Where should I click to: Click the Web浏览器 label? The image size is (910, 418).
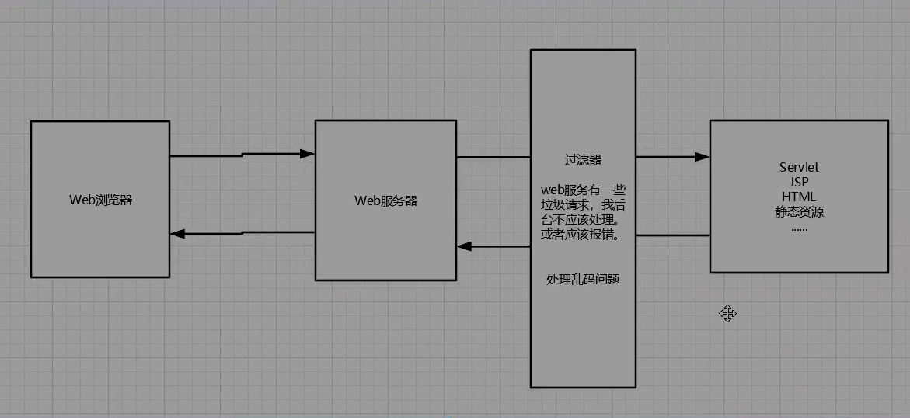(100, 200)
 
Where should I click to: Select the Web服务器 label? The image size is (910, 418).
(386, 201)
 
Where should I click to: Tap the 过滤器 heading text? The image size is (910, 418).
(584, 159)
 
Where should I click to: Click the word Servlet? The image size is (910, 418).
(799, 167)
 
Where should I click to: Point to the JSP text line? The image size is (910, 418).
(799, 182)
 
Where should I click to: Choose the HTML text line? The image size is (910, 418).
(799, 197)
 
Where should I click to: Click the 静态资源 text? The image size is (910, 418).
(799, 211)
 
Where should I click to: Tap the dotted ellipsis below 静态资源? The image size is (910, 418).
(799, 228)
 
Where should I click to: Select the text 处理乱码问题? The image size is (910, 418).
(584, 279)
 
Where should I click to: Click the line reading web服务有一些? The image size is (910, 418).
(584, 190)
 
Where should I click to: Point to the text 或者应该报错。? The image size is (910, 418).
(584, 235)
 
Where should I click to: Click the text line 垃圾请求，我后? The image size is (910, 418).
(584, 205)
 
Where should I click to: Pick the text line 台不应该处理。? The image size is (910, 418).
(584, 221)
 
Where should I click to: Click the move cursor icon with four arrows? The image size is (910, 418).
(728, 314)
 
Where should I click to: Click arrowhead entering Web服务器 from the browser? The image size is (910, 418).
(307, 154)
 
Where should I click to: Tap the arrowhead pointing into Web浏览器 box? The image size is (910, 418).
(177, 233)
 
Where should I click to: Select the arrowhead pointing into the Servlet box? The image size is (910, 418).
(703, 157)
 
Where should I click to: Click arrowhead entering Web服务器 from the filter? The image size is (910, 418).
(464, 247)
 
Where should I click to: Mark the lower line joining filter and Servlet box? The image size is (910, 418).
(673, 235)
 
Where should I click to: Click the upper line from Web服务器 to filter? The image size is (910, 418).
(493, 157)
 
